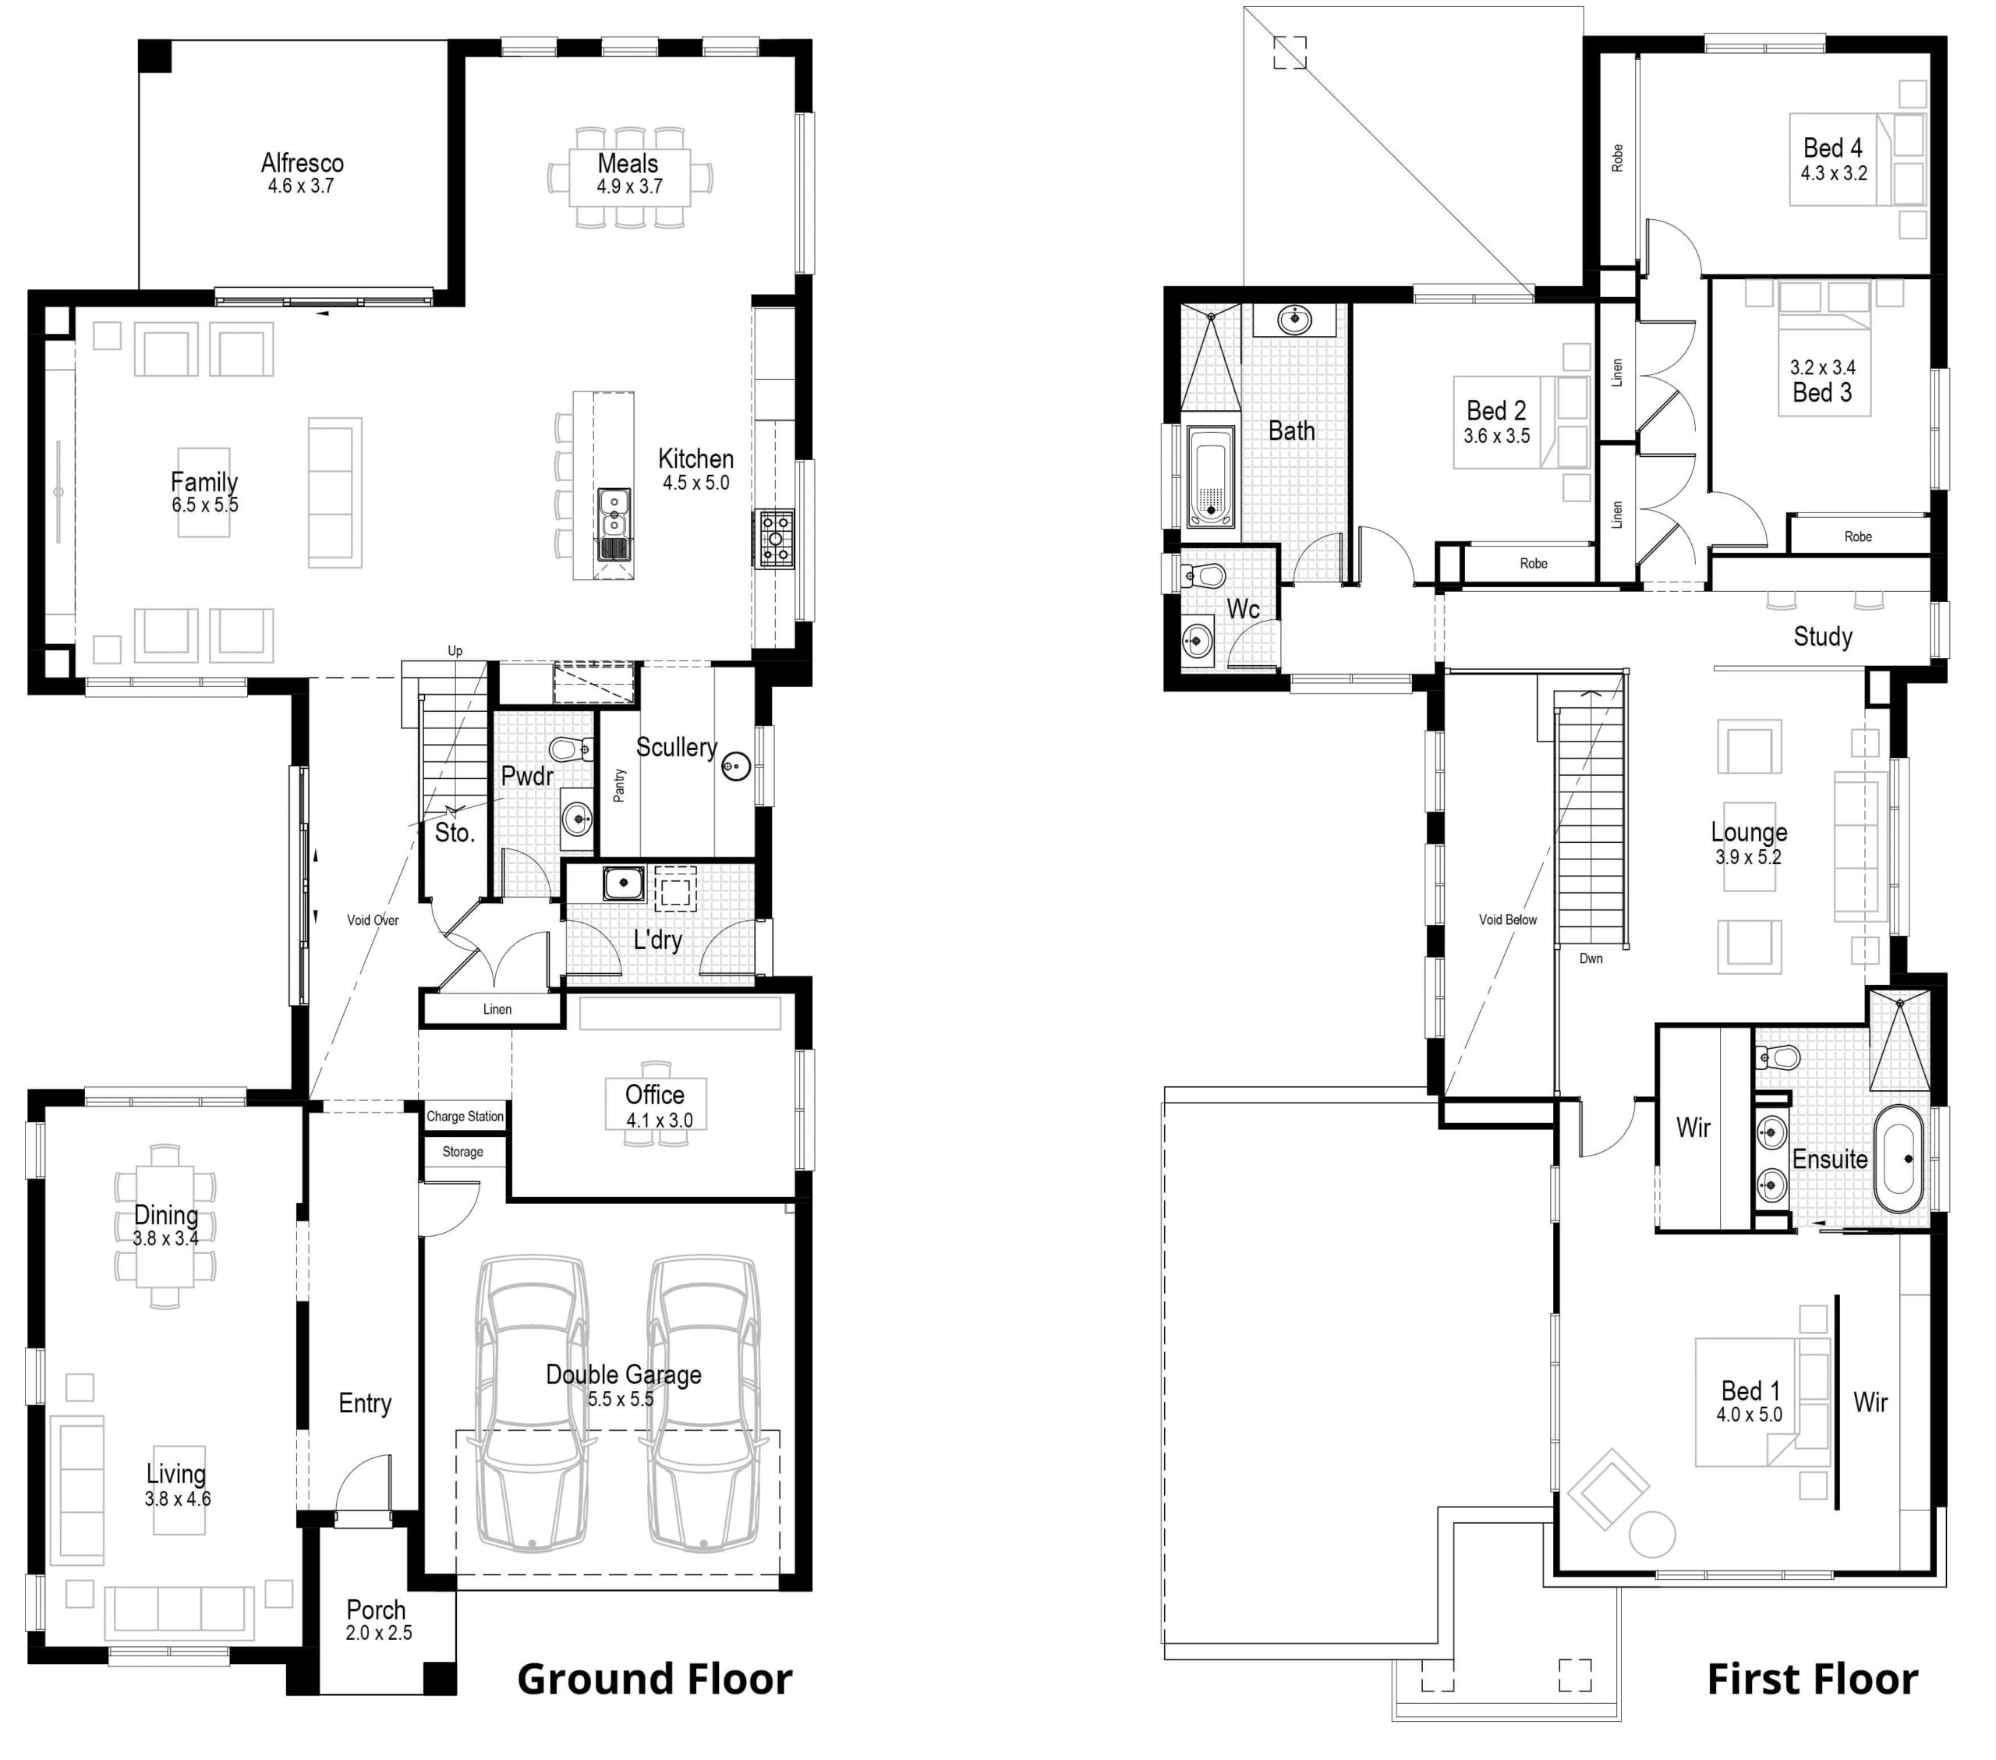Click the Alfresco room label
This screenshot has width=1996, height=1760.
click(302, 162)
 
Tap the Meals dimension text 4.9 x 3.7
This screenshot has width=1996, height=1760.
click(630, 186)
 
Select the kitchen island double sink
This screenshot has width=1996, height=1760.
click(614, 525)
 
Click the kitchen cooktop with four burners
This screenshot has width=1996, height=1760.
click(774, 538)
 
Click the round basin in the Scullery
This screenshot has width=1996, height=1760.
click(736, 767)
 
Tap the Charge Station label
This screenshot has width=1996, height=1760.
click(465, 1117)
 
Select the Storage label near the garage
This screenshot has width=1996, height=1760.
click(463, 1153)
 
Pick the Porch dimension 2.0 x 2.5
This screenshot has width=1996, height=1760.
click(379, 1633)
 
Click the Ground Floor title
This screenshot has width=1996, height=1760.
click(654, 1679)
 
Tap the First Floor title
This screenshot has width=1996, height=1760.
click(1813, 1679)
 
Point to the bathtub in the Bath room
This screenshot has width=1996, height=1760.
click(1211, 476)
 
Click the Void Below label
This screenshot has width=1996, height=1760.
click(1508, 920)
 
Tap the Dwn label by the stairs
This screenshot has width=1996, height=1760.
click(1591, 959)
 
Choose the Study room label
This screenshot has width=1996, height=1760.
click(1823, 637)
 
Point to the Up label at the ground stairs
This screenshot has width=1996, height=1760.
click(455, 651)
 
